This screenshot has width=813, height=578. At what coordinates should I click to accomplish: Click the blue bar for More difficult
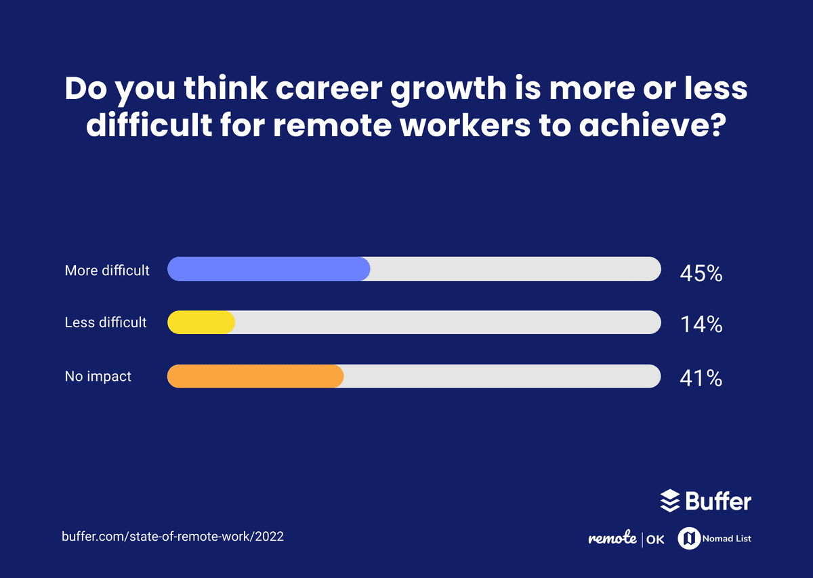[x=268, y=269]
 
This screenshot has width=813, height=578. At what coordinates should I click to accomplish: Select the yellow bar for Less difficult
[x=201, y=323]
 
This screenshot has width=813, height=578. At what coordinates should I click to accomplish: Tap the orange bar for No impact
[x=255, y=376]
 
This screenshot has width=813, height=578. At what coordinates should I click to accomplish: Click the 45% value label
[x=701, y=274]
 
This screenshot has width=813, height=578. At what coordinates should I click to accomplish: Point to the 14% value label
[x=701, y=325]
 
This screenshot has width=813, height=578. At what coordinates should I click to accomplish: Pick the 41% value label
[x=701, y=378]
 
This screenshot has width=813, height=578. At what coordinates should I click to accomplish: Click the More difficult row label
[x=107, y=270]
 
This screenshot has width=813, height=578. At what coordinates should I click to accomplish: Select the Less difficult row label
[x=106, y=323]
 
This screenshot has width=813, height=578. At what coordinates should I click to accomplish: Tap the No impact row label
[x=98, y=376]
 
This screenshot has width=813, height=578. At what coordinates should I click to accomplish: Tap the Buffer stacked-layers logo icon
[x=669, y=501]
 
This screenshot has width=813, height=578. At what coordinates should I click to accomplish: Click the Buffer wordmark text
[x=718, y=501]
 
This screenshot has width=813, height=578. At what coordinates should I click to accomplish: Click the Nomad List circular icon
[x=689, y=539]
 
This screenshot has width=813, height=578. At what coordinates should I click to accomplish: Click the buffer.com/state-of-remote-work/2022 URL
[x=173, y=536]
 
